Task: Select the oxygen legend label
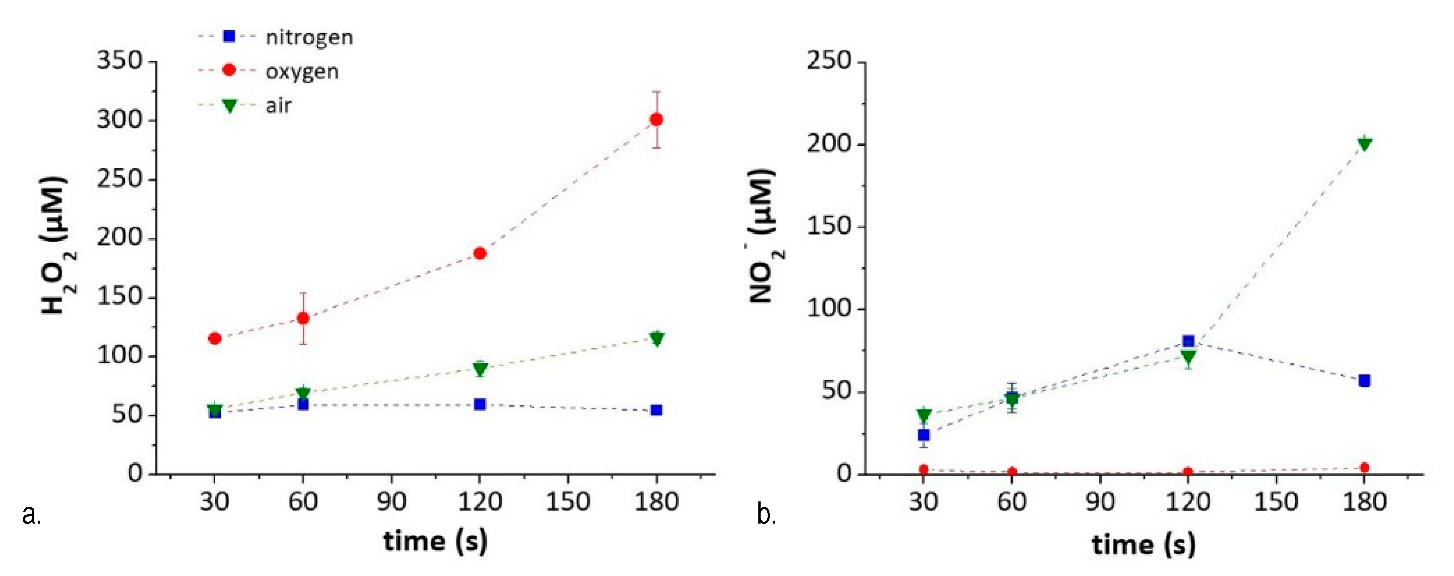(302, 72)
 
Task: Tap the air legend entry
(278, 106)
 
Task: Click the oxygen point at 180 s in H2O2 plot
(656, 120)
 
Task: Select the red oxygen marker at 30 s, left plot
(215, 338)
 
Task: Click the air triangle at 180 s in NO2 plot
(1364, 144)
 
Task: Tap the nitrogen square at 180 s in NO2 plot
(1364, 381)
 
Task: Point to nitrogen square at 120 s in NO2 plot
(1188, 341)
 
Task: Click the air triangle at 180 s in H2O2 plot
(656, 338)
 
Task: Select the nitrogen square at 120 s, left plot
(480, 404)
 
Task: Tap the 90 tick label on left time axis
(391, 501)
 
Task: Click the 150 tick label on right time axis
(1276, 501)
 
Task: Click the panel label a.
(31, 514)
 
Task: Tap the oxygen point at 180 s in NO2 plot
(1364, 467)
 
